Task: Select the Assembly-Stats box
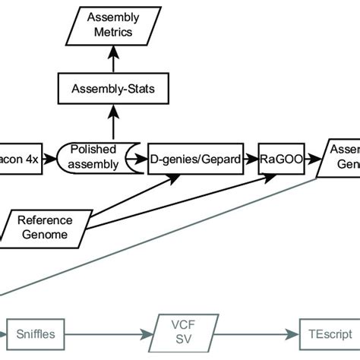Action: click(112, 90)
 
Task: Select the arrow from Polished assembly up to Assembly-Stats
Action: click(112, 122)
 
